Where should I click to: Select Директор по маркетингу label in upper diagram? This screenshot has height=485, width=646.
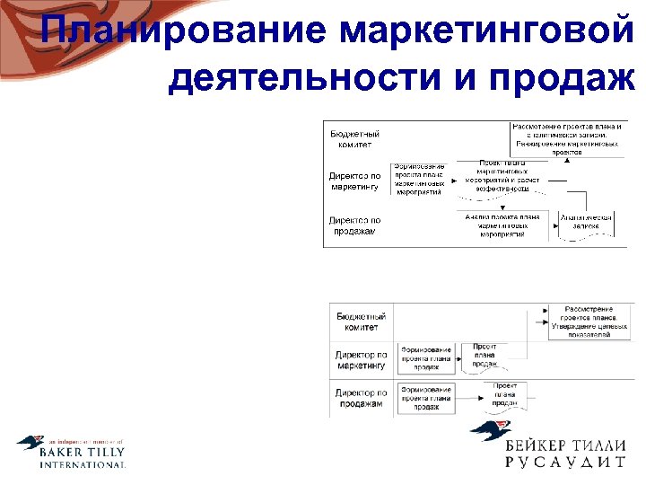(x=354, y=181)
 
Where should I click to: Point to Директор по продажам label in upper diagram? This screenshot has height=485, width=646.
(x=354, y=225)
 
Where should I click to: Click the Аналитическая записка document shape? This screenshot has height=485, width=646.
(x=585, y=225)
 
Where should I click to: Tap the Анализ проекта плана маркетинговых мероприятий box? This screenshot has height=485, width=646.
(x=502, y=225)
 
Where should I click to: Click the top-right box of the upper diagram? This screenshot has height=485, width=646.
(x=567, y=139)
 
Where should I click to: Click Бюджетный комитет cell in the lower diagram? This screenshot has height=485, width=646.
(x=362, y=322)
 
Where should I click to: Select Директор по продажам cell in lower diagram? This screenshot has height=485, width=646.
(x=362, y=398)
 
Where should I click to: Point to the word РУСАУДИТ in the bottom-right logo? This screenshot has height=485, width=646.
(x=564, y=463)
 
